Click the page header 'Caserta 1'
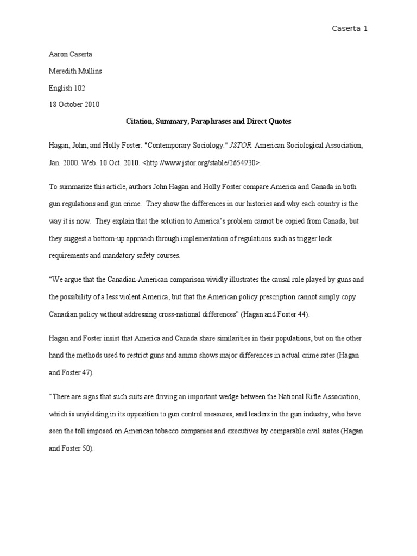pos(350,28)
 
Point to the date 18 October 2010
pos(74,104)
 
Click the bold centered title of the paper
pos(208,122)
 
